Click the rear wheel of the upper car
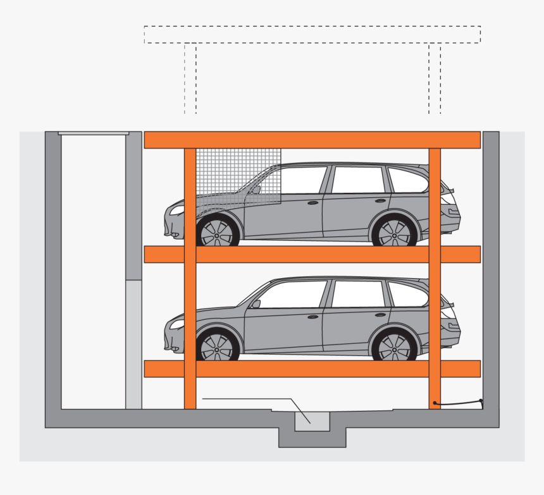[394, 231]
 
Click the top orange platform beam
[312, 140]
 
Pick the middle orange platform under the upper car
[312, 254]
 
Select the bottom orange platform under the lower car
[312, 369]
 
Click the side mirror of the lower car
[256, 303]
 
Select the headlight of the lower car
[176, 324]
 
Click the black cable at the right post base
[458, 404]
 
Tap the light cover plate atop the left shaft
[94, 133]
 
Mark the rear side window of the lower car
[406, 295]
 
